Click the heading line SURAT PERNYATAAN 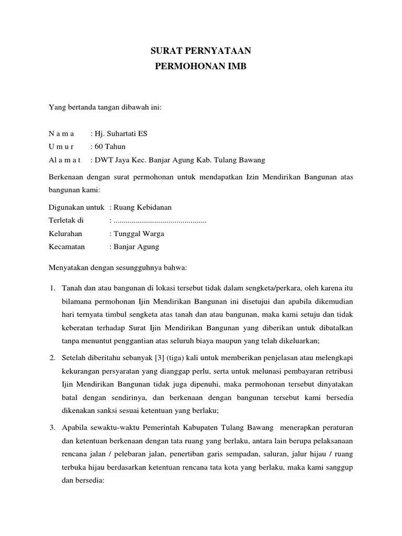pos(201,51)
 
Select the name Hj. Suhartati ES pos(120,133)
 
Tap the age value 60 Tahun pos(109,147)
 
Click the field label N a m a pos(61,133)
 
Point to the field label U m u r pos(61,147)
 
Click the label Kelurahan pos(65,234)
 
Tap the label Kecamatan pos(66,247)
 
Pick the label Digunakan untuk pos(76,208)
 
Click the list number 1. pos(52,288)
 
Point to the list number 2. pos(52,357)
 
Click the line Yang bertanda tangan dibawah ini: pos(105,108)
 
